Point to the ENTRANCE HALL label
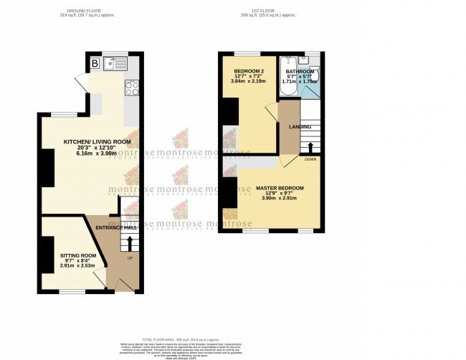117,227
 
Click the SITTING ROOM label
77,255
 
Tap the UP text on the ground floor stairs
130,258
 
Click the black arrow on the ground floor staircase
130,245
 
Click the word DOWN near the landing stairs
310,159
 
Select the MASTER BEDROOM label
280,188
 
